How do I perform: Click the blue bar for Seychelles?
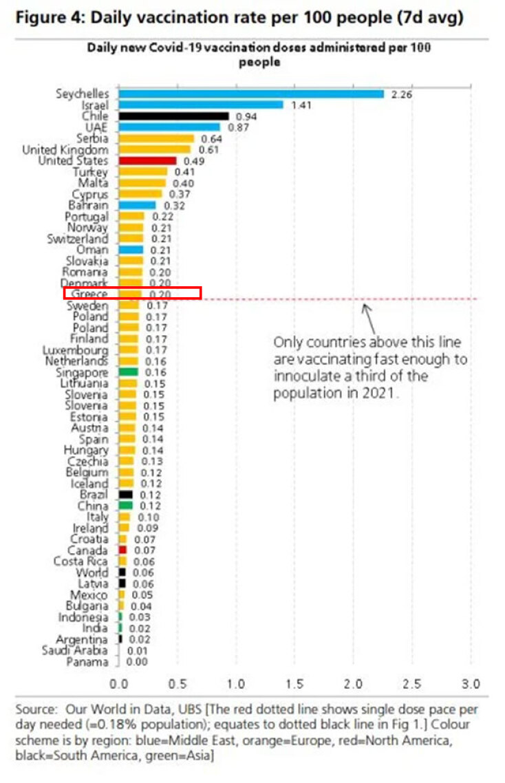tap(251, 94)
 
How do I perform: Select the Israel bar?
tap(201, 105)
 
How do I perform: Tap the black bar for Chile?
tap(173, 116)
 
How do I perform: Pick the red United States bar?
tap(147, 161)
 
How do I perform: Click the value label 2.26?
tap(401, 95)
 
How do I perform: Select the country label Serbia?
tap(92, 139)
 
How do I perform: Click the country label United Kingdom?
tap(65, 150)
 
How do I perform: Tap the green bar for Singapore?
tap(128, 372)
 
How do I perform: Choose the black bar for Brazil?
tap(126, 495)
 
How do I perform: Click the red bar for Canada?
tap(122, 550)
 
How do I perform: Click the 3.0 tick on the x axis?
tap(471, 685)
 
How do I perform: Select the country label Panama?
tap(87, 662)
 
